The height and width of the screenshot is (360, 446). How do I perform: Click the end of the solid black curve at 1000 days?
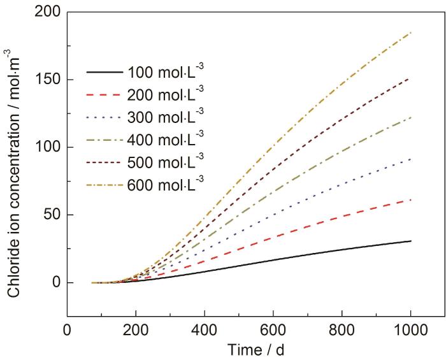[411, 241]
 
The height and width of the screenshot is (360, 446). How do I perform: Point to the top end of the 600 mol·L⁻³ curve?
[411, 32]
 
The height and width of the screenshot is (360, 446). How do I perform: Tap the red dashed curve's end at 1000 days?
[411, 200]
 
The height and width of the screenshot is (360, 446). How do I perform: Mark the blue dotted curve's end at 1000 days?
[411, 159]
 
